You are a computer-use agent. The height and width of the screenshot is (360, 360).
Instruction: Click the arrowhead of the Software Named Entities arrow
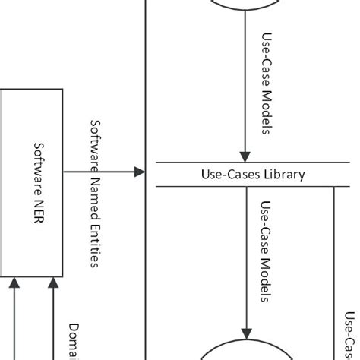139,173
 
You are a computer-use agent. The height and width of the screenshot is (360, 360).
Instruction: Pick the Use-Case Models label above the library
267,84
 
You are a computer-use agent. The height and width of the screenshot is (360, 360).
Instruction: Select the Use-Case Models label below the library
267,251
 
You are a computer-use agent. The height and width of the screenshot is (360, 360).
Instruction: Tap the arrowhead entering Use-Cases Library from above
245,156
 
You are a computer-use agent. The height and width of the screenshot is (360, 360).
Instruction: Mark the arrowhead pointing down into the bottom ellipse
245,335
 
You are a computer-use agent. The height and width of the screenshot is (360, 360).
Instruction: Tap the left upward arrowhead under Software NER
14,283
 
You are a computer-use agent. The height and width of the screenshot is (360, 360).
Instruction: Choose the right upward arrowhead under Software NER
52,283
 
